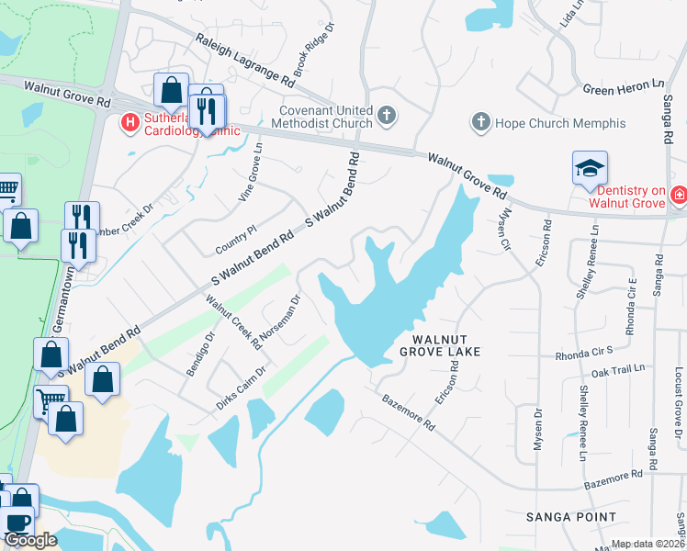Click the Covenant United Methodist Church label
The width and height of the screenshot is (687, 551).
326,117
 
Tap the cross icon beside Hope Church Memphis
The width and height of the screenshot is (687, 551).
479,121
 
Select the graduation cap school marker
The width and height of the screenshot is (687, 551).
590,169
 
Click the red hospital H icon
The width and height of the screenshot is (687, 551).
130,120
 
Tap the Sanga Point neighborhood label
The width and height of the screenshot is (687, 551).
571,517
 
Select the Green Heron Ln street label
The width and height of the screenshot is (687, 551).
623,86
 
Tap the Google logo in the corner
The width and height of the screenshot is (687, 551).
30,540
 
